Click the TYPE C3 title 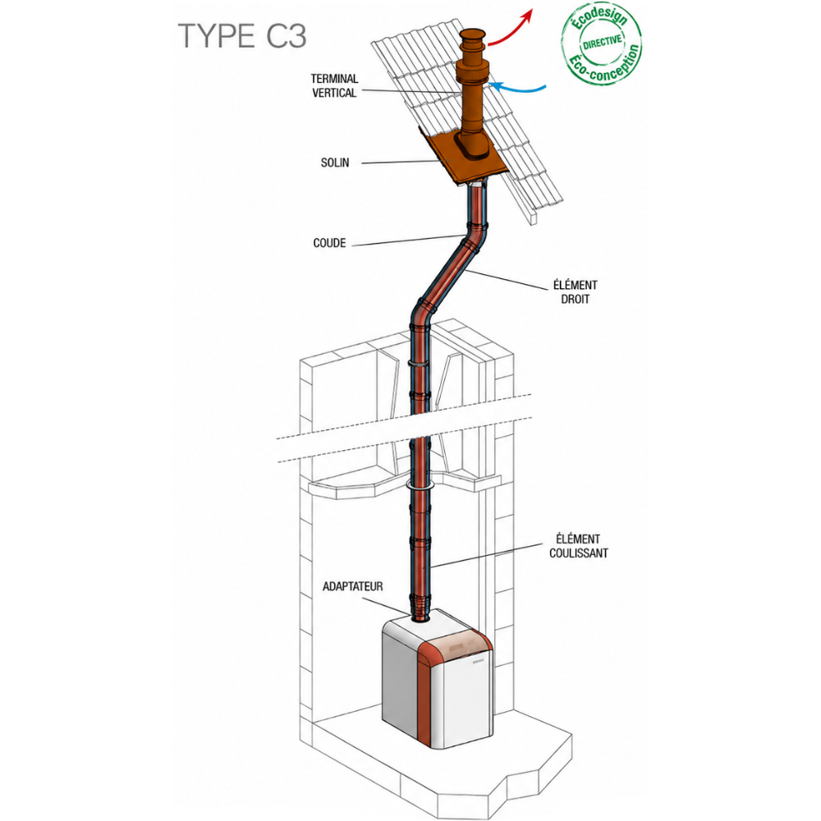tap(242, 36)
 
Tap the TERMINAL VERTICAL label tap(335, 86)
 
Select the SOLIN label tap(335, 163)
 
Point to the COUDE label tap(329, 243)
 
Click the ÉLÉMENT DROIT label tap(575, 292)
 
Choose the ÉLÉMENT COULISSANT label tap(579, 546)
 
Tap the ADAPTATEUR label tap(352, 586)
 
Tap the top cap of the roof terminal tap(474, 39)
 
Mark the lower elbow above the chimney tap(422, 311)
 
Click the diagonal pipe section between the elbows tap(446, 274)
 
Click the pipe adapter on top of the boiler tap(420, 615)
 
